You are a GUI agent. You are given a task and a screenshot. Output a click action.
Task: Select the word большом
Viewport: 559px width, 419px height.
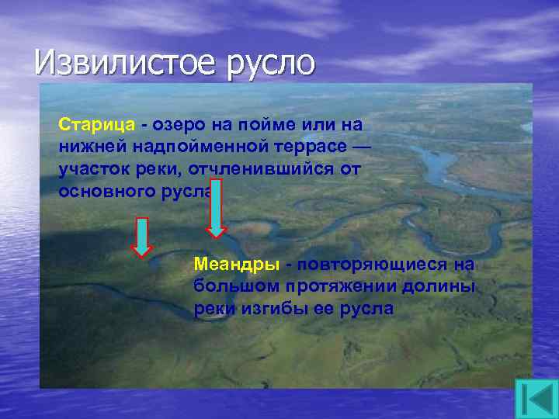click(231, 286)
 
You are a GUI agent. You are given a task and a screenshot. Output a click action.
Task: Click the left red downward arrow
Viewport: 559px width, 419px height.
click(141, 237)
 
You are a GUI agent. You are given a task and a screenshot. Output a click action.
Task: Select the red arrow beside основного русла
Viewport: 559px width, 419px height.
click(217, 208)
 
